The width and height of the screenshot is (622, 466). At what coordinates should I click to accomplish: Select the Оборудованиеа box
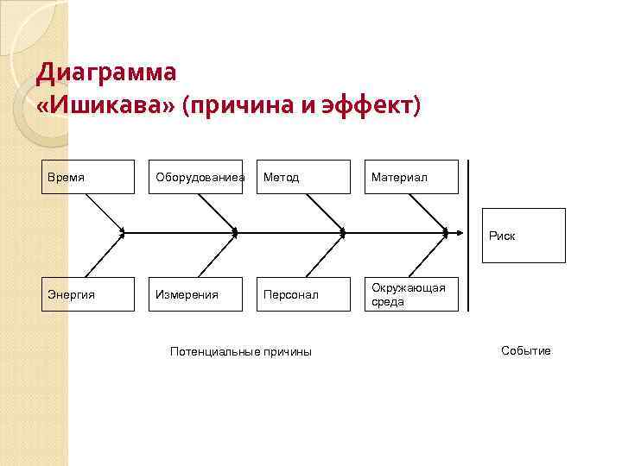tap(200, 177)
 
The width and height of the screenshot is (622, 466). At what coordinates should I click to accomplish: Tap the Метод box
tap(304, 177)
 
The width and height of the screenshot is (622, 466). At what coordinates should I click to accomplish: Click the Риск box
tap(524, 235)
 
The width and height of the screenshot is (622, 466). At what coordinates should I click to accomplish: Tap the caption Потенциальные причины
tap(241, 351)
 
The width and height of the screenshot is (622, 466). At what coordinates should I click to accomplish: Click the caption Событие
tap(525, 350)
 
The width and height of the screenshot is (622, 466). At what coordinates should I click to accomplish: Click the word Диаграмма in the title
tap(106, 72)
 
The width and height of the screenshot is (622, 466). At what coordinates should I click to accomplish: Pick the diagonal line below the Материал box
tap(428, 212)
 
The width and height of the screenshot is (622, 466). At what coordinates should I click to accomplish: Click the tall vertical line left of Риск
tap(467, 235)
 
